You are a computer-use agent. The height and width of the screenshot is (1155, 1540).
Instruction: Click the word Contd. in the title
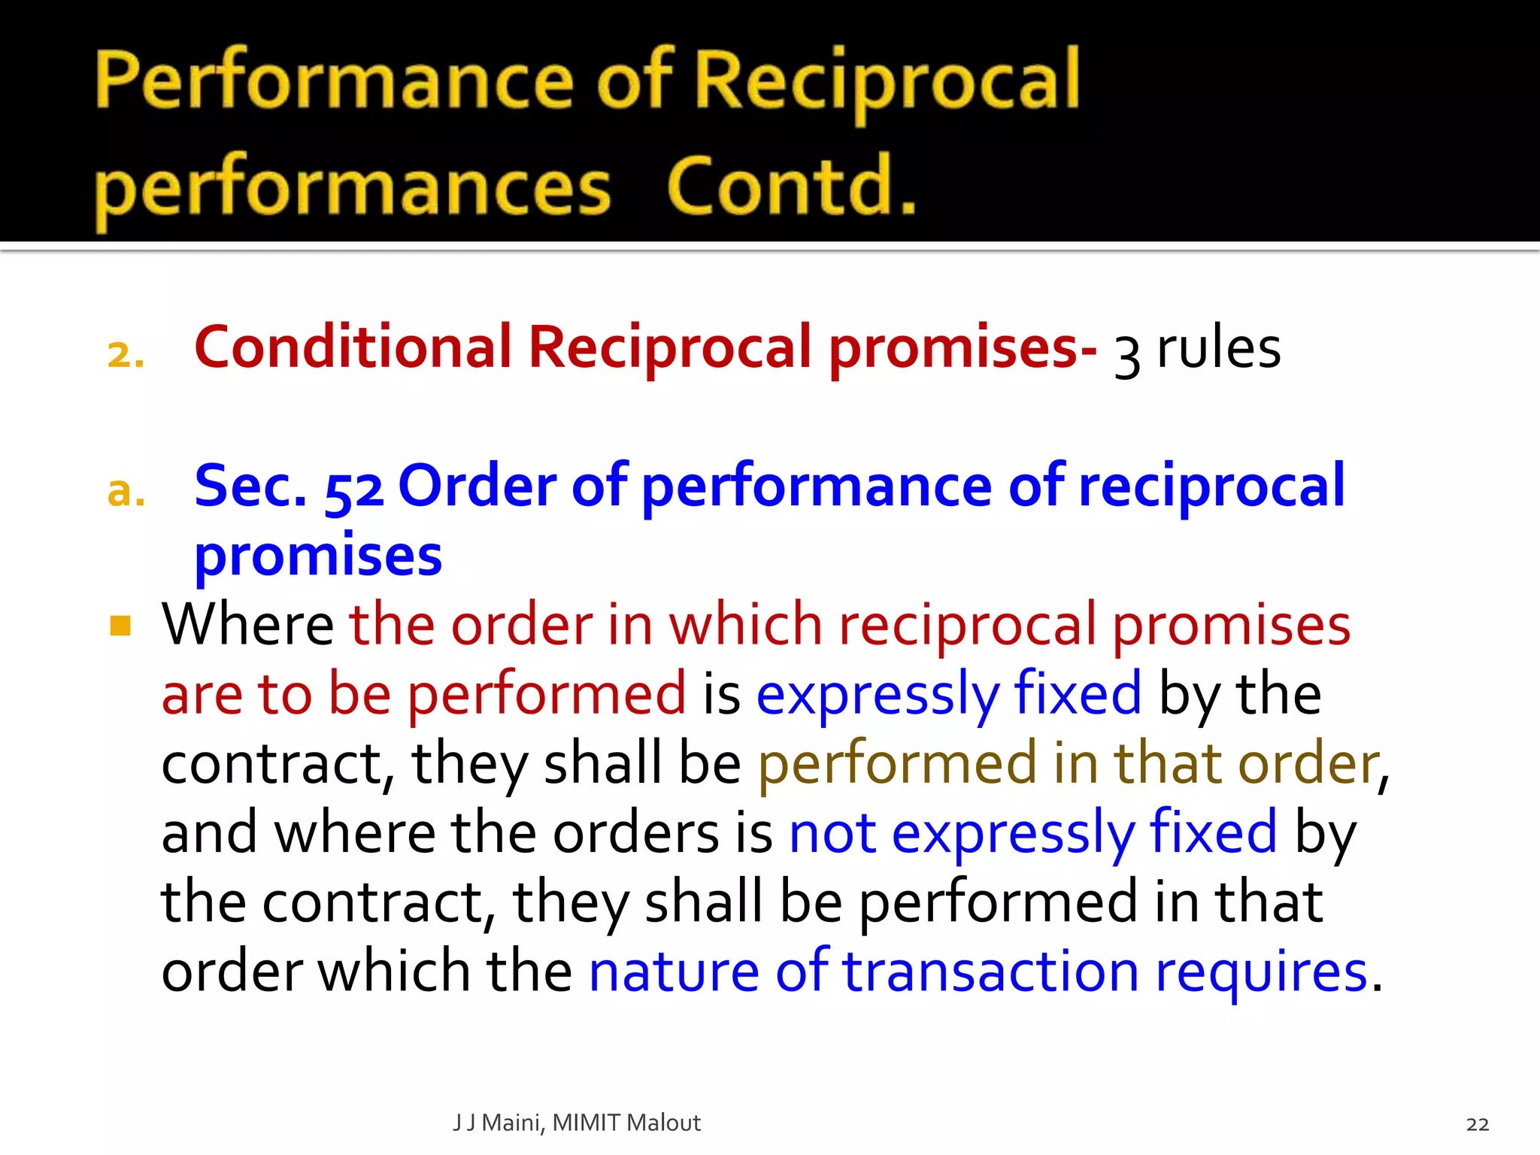coord(791,186)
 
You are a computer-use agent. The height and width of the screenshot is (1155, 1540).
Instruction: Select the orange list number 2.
coord(126,353)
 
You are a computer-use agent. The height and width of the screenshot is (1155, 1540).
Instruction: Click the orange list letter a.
coord(126,492)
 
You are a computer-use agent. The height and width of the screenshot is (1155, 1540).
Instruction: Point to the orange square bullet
coord(120,626)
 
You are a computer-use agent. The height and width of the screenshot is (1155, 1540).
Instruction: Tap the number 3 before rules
coord(1127,355)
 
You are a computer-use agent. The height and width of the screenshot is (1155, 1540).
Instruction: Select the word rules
coord(1218,349)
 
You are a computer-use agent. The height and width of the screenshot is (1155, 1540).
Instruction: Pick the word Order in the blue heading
coord(477,486)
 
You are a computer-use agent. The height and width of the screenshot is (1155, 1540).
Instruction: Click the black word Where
coord(247,624)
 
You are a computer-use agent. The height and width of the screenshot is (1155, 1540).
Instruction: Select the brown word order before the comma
coord(1308,764)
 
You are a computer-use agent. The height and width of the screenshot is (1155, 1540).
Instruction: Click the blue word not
coord(832,833)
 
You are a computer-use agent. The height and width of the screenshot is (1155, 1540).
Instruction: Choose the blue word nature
coord(674,972)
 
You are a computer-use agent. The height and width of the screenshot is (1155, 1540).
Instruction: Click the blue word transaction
coord(990,972)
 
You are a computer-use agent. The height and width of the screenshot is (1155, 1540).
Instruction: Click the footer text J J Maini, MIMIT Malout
coord(577,1123)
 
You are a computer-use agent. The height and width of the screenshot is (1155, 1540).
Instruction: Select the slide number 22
coord(1477,1124)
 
